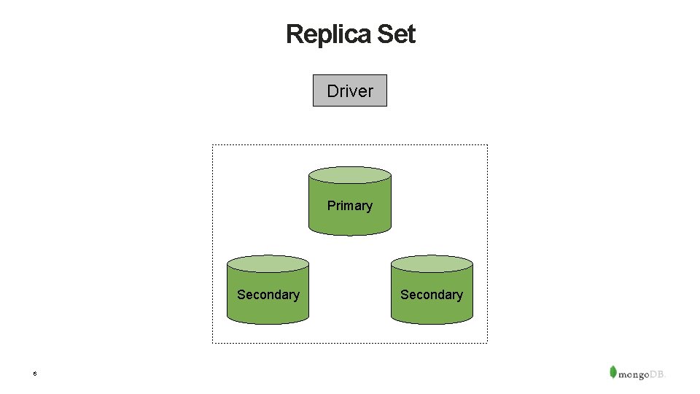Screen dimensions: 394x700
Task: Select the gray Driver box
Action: coord(350,90)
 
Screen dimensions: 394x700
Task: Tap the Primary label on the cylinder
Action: coord(350,206)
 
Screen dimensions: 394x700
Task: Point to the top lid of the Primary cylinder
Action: coord(350,175)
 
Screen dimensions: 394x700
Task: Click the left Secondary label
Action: coord(268,295)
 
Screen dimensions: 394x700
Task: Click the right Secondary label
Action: coord(432,295)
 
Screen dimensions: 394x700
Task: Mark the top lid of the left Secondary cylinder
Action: coord(268,264)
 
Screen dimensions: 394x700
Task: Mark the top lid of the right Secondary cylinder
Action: coord(432,264)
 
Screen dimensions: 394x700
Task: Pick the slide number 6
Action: coord(34,374)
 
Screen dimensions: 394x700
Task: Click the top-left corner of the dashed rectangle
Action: coord(213,145)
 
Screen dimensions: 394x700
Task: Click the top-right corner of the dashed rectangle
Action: coord(487,145)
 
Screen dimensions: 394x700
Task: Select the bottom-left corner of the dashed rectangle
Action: coord(213,342)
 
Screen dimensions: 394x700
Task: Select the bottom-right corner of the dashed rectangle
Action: coord(487,342)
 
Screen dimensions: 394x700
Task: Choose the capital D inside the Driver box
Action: coord(332,91)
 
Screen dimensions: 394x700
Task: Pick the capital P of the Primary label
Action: coord(331,206)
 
